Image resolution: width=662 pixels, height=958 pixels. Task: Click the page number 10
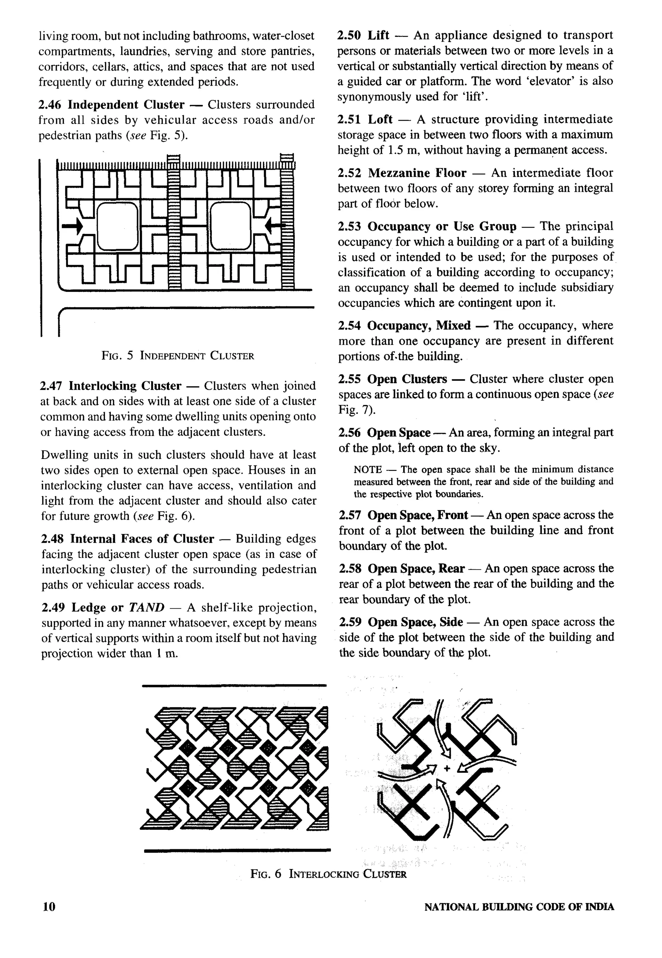pos(49,906)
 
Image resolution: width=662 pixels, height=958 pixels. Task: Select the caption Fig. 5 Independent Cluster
pos(177,356)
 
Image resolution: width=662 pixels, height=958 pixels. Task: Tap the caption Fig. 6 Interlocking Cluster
pos(328,874)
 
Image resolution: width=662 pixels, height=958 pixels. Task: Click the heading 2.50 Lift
pos(363,35)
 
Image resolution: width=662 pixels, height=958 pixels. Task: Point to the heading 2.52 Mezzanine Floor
pos(402,173)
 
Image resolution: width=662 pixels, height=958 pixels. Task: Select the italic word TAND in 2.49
pos(146,607)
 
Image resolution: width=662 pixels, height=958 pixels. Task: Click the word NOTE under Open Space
pos(368,470)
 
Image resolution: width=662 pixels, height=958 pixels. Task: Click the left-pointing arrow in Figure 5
pos(274,226)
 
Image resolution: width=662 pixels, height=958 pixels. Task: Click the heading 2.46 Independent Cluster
pos(111,105)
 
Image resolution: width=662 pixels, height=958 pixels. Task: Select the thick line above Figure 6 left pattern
pos(234,685)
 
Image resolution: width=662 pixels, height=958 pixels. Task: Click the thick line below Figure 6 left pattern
pos(237,851)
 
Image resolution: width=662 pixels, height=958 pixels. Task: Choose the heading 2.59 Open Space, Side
pos(401,622)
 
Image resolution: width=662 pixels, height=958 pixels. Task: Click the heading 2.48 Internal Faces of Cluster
pos(127,539)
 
